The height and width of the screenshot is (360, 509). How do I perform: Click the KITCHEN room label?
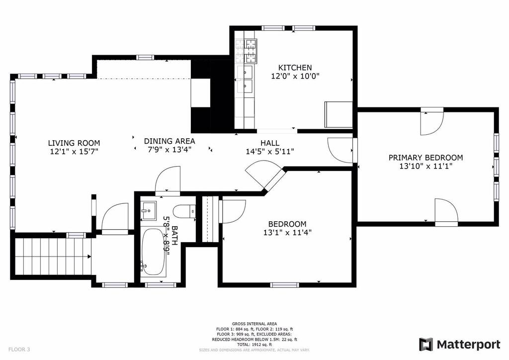coord(295,68)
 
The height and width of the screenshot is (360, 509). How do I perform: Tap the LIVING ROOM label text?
coord(74,143)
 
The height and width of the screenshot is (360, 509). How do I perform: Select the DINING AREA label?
coord(170,141)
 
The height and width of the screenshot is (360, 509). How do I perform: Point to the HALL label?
coord(270,143)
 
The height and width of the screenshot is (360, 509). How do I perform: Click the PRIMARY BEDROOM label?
coord(425,158)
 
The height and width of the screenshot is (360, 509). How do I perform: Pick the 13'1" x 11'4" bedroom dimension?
coord(287,232)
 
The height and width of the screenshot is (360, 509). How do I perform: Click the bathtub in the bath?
coord(153,252)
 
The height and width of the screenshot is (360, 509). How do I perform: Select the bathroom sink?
coord(149,210)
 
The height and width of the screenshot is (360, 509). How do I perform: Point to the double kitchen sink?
coord(245,79)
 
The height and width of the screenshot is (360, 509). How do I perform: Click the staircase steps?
coord(53,257)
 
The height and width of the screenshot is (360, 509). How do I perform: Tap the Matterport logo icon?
coord(426,345)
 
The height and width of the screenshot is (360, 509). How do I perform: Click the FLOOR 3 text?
coord(19,350)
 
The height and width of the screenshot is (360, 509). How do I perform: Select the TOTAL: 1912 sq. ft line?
coord(254,345)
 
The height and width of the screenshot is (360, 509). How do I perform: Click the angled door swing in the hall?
coord(263,176)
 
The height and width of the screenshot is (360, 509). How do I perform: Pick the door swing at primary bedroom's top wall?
coord(432,123)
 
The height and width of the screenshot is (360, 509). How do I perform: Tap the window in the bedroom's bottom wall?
coord(284,285)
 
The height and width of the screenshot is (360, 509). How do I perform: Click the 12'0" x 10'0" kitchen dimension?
coord(295,76)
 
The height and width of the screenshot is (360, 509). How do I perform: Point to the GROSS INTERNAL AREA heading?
coord(254,324)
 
